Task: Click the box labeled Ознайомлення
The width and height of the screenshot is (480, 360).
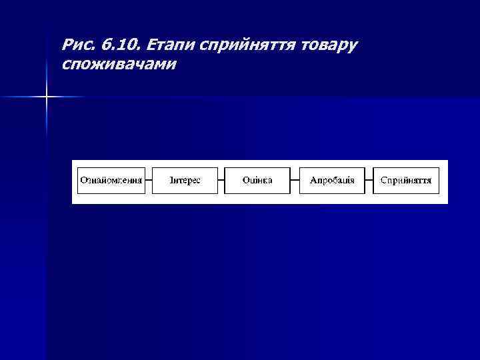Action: [111, 181]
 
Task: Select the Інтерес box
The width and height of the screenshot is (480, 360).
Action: [185, 181]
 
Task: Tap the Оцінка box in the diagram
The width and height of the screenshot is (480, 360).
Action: [258, 181]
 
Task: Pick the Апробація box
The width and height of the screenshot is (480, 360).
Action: [332, 181]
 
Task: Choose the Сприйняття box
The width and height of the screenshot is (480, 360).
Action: [406, 181]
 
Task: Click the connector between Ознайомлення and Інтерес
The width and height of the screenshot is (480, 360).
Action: [149, 181]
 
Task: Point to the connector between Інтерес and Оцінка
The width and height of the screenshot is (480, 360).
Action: [221, 181]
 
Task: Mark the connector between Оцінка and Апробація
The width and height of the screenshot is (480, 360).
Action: [295, 181]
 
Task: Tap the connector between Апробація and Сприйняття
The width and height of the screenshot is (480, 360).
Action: [369, 181]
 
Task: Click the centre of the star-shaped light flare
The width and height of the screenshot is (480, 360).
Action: [47, 97]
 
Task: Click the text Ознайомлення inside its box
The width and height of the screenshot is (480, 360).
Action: [111, 181]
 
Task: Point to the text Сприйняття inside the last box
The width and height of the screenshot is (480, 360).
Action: [406, 181]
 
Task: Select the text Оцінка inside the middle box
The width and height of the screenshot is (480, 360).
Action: [258, 181]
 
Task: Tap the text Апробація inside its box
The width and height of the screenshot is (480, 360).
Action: [332, 181]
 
